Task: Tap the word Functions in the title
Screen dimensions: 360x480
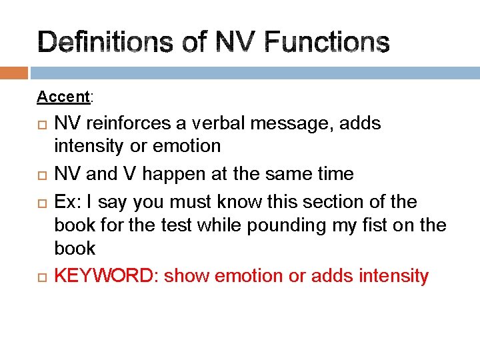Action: pos(327,43)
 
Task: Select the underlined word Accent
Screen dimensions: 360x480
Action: pos(63,97)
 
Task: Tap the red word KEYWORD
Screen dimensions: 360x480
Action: pos(106,276)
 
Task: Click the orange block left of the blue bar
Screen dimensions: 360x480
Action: pos(14,72)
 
